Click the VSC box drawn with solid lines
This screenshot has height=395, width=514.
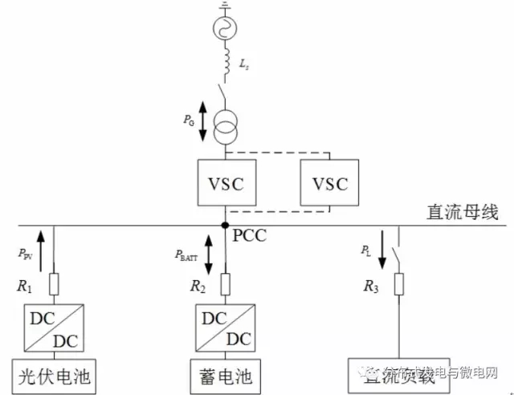tap(226, 183)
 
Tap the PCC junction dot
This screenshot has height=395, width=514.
tap(226, 226)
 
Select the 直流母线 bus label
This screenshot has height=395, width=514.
tap(463, 213)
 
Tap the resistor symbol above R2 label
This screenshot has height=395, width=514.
tap(226, 284)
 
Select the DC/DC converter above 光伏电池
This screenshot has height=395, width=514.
tap(55, 327)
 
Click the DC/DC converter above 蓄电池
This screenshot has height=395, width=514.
tap(226, 327)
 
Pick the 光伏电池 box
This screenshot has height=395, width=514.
tap(55, 374)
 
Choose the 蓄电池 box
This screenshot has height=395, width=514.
tap(226, 374)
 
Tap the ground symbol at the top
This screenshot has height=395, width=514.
tap(226, 6)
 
